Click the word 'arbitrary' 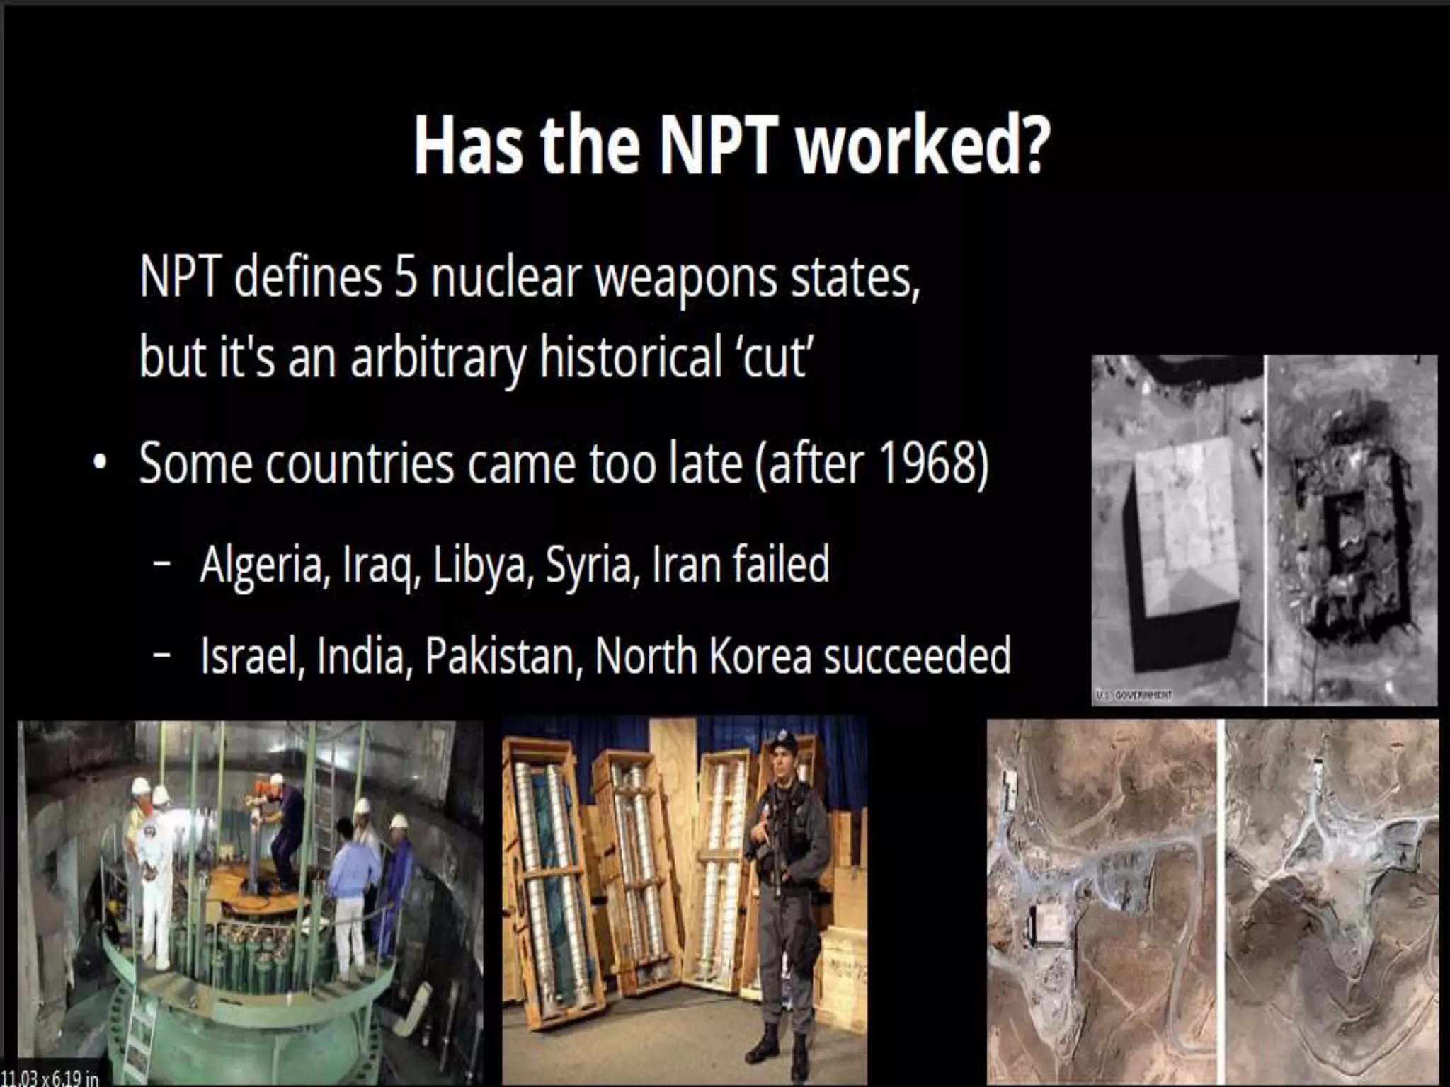(438, 359)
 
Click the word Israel (252, 656)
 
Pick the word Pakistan (503, 656)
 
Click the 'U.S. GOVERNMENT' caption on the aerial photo (1133, 695)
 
